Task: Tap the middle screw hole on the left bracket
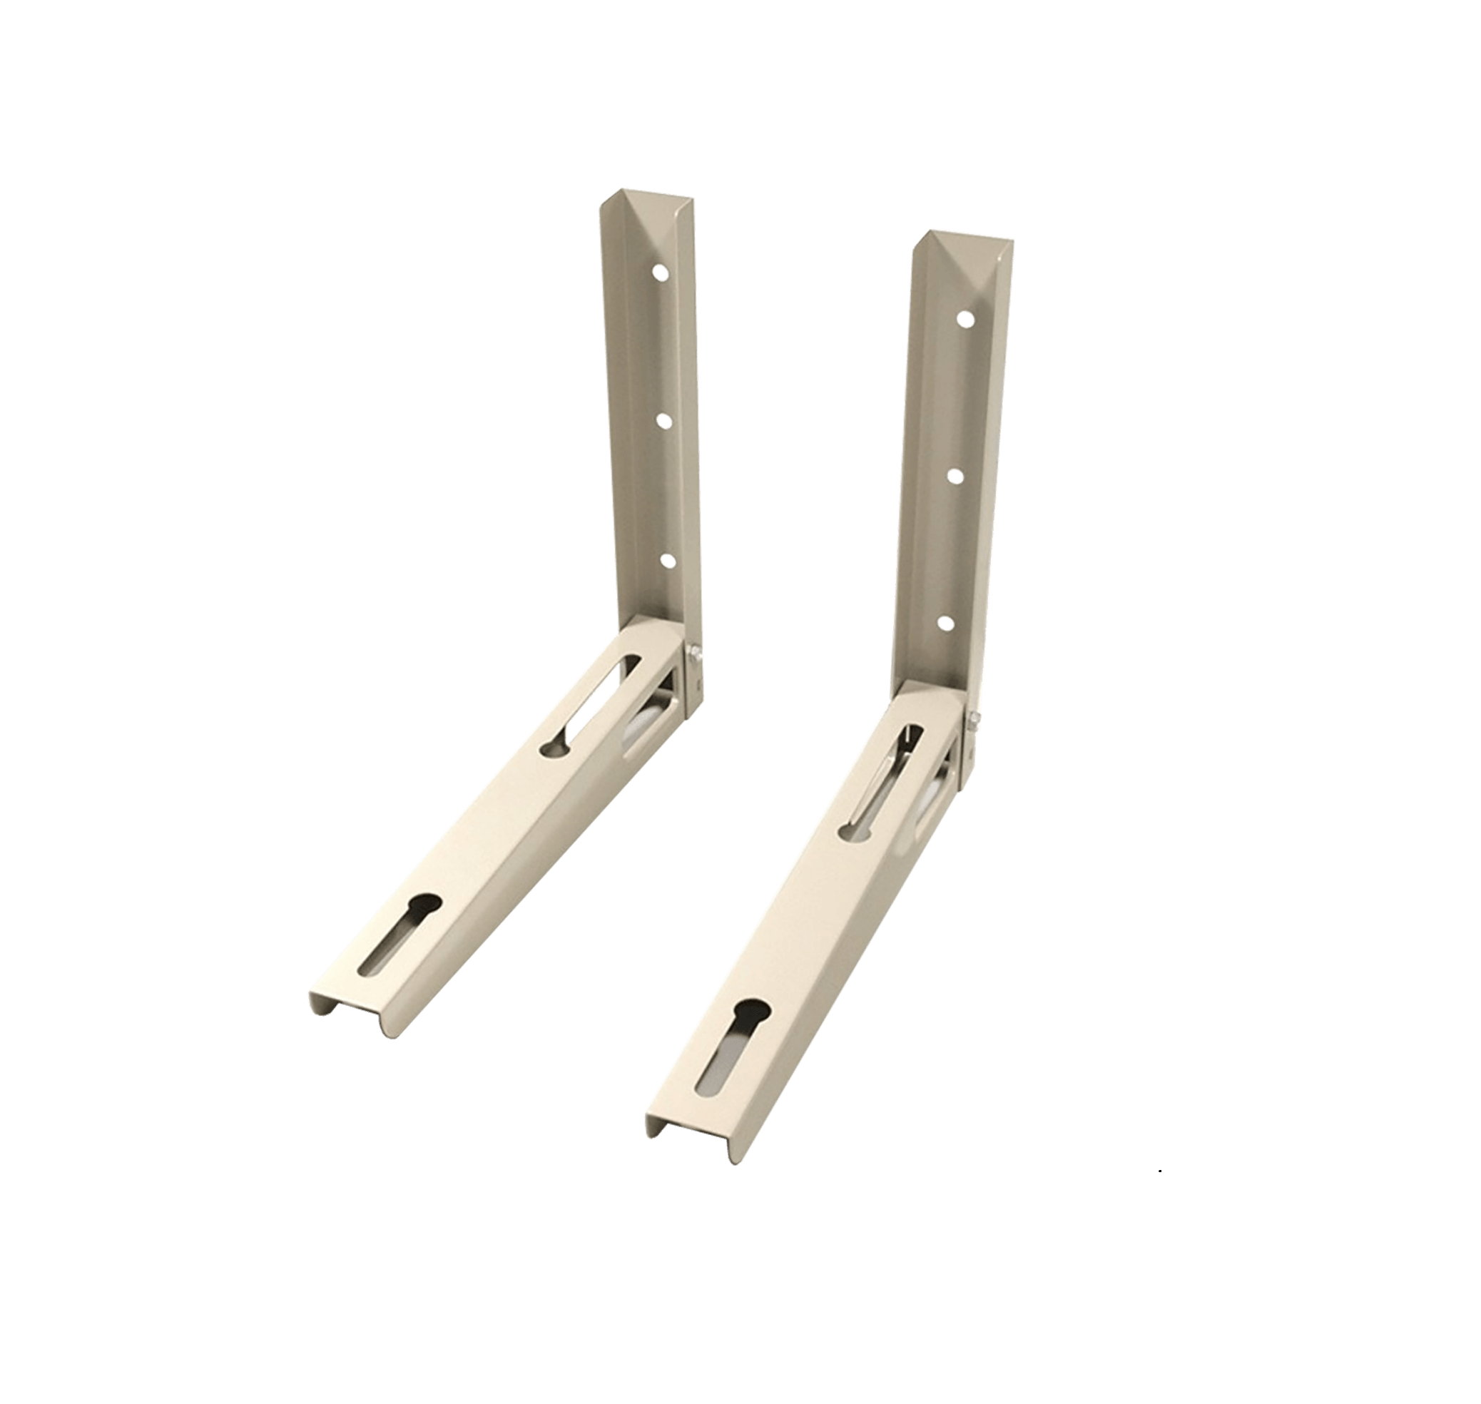tap(663, 421)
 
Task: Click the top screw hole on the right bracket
tap(965, 320)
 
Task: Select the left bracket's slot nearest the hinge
tap(591, 703)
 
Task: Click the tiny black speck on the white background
tap(1159, 1170)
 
